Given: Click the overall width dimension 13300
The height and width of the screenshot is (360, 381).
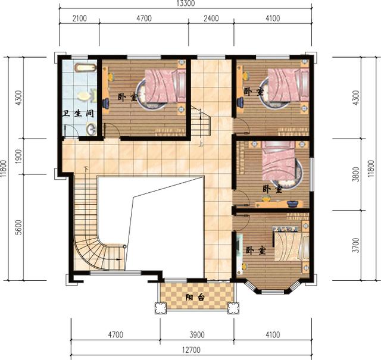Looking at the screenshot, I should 184,4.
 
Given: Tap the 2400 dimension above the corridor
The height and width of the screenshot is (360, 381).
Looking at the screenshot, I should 210,18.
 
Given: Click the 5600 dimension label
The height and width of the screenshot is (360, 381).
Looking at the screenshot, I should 18,226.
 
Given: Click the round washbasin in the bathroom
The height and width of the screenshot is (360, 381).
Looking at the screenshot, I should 90,128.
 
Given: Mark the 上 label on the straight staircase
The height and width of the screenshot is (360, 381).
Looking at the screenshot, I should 201,143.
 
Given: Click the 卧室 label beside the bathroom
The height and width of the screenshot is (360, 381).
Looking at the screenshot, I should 126,97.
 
